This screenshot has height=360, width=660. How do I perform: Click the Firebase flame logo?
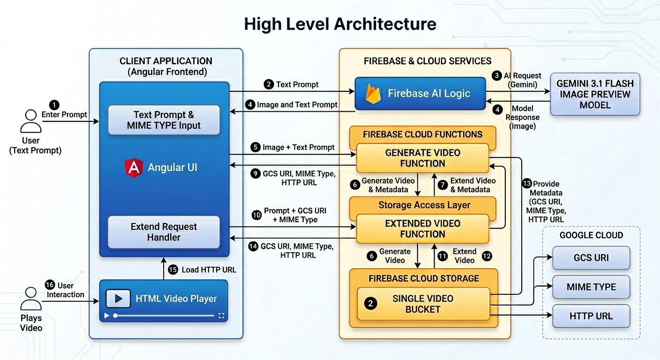point(373,93)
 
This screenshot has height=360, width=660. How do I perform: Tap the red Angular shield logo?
point(134,168)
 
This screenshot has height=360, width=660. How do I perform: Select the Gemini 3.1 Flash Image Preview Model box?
point(595,94)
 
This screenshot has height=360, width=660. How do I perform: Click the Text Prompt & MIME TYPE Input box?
point(164,120)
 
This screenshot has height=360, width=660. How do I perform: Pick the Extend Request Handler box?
point(164,232)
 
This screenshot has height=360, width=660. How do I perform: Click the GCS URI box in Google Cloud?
point(591,258)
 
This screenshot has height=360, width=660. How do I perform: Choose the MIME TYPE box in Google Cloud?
point(591,287)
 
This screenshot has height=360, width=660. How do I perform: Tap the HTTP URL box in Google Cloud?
point(591,316)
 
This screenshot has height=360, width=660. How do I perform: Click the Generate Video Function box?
point(422,158)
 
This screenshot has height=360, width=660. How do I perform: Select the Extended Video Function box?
point(422,229)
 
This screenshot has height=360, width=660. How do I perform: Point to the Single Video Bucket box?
point(422,304)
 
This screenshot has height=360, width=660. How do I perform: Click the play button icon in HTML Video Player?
point(118,298)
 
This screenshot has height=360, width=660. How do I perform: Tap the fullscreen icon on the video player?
point(222,316)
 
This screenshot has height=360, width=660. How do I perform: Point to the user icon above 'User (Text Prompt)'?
point(31,121)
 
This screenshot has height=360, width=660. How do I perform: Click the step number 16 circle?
point(50,285)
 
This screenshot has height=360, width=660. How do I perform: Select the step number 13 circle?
point(526,184)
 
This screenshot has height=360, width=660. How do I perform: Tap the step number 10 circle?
point(256,215)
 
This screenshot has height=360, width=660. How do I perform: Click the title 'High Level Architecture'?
point(340,24)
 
